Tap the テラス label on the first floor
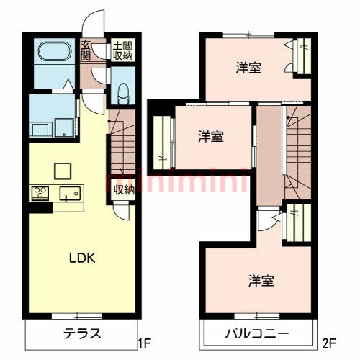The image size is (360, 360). tap(81, 334)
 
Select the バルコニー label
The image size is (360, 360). tap(257, 334)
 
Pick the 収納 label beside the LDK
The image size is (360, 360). tap(124, 190)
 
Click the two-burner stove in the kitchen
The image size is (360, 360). tap(40, 193)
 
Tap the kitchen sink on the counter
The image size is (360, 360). tap(71, 193)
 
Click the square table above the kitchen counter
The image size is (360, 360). tap(63, 170)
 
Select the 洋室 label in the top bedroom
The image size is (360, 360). tap(248, 68)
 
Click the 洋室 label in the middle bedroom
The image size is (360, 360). tap(211, 135)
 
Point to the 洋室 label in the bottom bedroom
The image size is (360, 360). tap(262, 279)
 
